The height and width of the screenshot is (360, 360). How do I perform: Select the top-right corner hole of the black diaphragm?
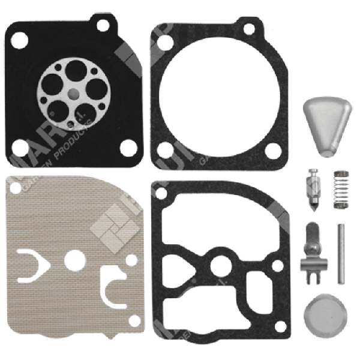pyautogui.click(x=103, y=25)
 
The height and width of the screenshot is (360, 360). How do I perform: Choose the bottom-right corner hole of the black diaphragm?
pyautogui.click(x=127, y=146)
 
